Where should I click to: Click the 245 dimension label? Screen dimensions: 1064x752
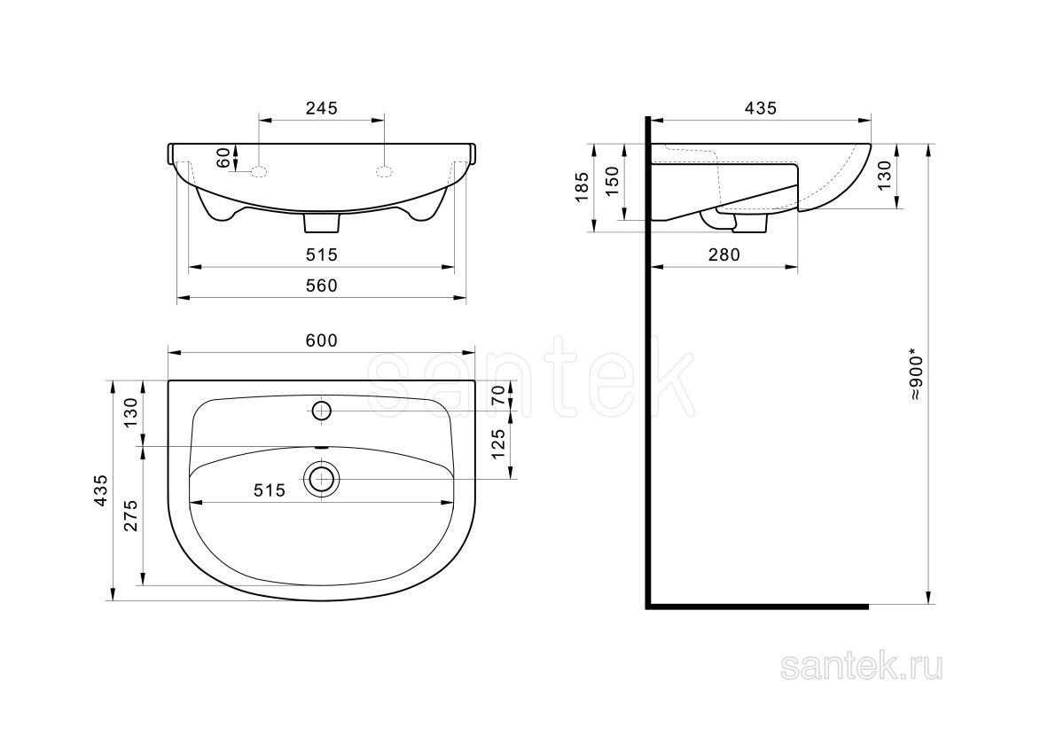tap(322, 108)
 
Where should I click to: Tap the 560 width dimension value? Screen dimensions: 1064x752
tap(322, 286)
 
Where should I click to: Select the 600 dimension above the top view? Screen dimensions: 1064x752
tap(322, 341)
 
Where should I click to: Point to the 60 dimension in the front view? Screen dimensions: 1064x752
tap(223, 158)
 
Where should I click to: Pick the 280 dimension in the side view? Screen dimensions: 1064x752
tap(724, 255)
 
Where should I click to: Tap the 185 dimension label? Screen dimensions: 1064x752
tap(582, 187)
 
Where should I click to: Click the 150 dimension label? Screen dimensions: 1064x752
tap(613, 181)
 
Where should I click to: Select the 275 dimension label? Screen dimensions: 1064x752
tap(130, 515)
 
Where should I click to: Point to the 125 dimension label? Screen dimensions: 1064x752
tap(497, 444)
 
